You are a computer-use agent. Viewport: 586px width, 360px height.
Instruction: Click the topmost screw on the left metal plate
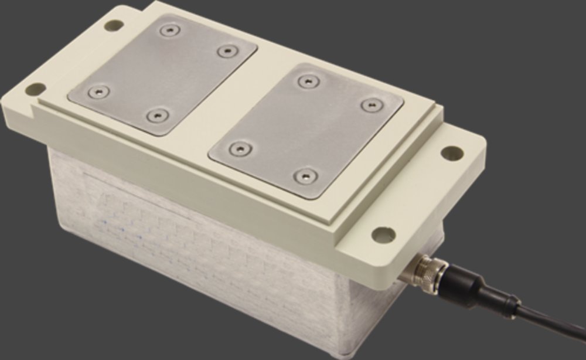click(169, 30)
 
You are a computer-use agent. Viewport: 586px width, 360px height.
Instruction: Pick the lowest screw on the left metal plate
click(156, 115)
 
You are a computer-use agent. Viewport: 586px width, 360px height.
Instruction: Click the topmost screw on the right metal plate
click(306, 81)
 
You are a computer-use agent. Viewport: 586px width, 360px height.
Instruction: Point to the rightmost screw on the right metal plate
click(371, 106)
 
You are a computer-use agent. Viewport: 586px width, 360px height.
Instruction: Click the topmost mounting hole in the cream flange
click(114, 25)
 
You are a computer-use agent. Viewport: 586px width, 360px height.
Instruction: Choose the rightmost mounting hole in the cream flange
click(452, 153)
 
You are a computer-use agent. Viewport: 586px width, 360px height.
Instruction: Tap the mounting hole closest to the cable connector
click(383, 235)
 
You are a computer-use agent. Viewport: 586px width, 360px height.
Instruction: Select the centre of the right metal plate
click(306, 128)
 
